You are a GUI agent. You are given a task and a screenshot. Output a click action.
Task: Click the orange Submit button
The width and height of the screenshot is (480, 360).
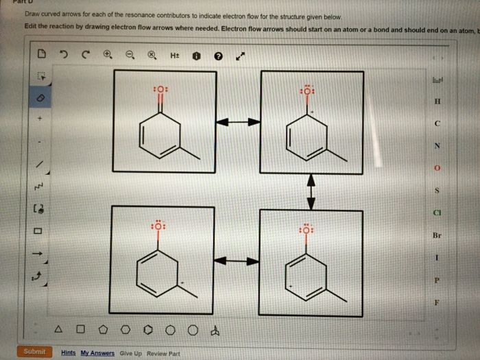click(34, 352)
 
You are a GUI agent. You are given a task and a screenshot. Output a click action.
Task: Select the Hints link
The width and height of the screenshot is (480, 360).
click(69, 352)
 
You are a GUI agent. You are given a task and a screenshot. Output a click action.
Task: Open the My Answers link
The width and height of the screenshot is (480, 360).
click(97, 352)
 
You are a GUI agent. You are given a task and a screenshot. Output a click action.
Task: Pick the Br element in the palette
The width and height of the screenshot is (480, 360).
click(437, 235)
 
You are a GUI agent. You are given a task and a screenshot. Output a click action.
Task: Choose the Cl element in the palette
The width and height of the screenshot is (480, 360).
click(437, 212)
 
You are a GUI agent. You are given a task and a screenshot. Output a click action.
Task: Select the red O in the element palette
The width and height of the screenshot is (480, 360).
click(437, 168)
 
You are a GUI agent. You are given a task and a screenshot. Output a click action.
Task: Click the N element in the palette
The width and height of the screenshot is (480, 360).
click(437, 145)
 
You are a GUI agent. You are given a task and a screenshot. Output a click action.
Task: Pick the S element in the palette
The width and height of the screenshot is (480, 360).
click(437, 190)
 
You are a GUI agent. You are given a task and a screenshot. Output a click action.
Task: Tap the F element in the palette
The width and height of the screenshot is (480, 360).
click(437, 301)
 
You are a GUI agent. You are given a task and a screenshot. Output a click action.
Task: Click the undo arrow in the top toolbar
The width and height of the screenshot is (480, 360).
click(63, 56)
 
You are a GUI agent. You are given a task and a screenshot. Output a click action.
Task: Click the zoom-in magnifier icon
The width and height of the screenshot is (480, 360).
click(108, 56)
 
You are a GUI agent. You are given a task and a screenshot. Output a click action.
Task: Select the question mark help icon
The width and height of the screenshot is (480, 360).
click(218, 56)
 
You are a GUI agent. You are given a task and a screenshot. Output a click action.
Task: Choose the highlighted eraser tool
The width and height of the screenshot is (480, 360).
click(40, 98)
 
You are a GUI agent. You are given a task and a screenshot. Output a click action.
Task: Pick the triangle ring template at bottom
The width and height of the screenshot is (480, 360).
click(57, 331)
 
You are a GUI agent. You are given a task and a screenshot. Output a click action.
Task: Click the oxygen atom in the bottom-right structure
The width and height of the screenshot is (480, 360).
click(307, 230)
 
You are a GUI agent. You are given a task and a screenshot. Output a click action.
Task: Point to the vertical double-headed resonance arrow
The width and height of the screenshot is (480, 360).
click(311, 191)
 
